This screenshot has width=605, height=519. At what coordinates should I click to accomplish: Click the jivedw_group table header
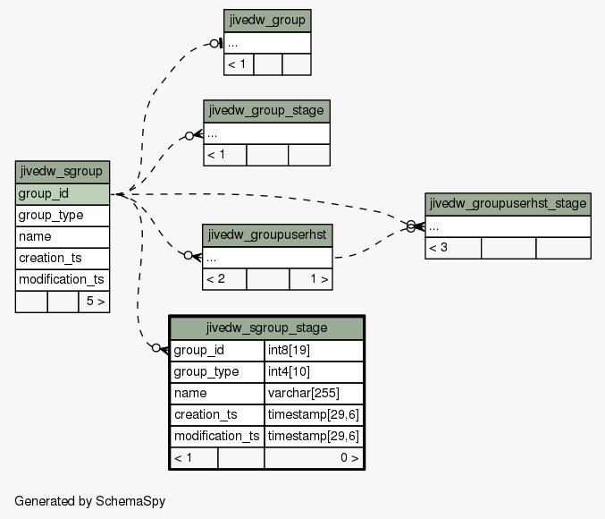pos(267,21)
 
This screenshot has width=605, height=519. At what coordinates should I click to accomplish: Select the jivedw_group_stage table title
pos(266,111)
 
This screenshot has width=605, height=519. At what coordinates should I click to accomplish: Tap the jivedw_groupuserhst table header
pos(267,235)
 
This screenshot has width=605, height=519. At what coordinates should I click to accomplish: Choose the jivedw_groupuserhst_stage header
pos(508,204)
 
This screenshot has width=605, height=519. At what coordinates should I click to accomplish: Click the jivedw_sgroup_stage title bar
pos(266,328)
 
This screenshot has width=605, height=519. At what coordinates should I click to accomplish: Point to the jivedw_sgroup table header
pos(63,172)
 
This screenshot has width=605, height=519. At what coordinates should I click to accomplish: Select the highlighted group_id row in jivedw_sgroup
pos(63,194)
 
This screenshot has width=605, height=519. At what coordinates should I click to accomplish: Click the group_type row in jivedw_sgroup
pos(63,216)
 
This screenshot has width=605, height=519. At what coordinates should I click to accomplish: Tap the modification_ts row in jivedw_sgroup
pos(63,280)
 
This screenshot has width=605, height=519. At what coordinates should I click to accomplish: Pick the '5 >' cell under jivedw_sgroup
pos(94,302)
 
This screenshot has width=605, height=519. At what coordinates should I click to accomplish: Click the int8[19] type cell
pos(314,351)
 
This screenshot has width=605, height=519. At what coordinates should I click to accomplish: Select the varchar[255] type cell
pos(314,394)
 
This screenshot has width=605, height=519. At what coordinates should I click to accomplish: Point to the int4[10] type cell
pos(314,372)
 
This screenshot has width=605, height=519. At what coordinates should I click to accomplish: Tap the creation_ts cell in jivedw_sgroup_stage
pos(217,415)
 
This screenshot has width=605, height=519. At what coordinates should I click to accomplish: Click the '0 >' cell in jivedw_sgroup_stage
pos(314,458)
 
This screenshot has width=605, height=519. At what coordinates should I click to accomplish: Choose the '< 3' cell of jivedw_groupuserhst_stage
pos(453,248)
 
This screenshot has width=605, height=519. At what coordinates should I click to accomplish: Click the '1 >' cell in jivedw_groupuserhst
pos(311,279)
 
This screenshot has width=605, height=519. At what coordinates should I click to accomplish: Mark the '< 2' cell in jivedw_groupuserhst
pos(224,279)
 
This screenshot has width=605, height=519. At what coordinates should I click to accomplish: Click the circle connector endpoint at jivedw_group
pos(214,44)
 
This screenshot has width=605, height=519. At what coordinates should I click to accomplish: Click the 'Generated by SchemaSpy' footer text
pos(90,501)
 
